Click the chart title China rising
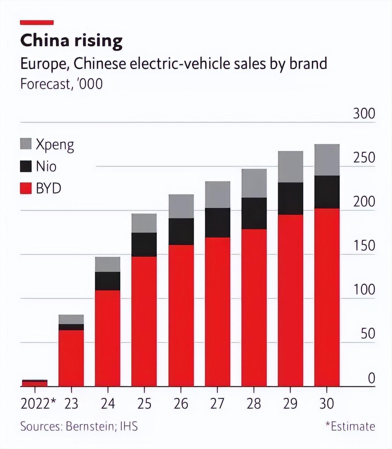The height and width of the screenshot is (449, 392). [71, 41]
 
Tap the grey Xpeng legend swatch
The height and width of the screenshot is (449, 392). [26, 144]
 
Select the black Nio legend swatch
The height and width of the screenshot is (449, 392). [26, 166]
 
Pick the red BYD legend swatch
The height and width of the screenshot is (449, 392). [26, 188]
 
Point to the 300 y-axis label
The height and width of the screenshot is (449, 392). [364, 114]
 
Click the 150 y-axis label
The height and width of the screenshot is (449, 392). [364, 245]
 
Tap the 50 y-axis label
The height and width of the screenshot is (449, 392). [368, 333]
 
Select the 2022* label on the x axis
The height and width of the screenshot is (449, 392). [38, 404]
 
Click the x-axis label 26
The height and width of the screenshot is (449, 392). [181, 404]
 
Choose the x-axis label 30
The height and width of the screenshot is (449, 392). [327, 404]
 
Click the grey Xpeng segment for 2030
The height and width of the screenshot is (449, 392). [327, 160]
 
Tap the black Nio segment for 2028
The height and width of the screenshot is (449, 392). [254, 213]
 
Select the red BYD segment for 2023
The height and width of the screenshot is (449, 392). [71, 358]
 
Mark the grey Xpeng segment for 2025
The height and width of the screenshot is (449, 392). [144, 223]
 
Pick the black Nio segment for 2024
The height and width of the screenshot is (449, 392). [108, 281]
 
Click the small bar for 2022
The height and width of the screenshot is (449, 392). [35, 383]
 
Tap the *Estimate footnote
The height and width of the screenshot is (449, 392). [350, 426]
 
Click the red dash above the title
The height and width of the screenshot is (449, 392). [37, 23]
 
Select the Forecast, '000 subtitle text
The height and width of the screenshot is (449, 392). [62, 84]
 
